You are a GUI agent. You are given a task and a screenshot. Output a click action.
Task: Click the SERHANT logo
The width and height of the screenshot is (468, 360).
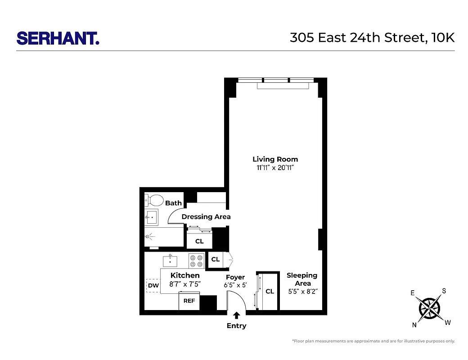[58, 38]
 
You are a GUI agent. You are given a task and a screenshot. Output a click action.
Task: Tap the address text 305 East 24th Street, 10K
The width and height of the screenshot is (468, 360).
[372, 38]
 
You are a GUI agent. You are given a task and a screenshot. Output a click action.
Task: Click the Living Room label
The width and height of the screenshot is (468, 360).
[275, 159]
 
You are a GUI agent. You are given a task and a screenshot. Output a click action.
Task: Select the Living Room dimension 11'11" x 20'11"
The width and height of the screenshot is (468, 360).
[275, 168]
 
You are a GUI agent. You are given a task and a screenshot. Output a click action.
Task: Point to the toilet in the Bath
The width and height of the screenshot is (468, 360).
[155, 200]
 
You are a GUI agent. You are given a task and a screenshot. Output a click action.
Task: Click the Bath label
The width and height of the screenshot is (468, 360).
[173, 203]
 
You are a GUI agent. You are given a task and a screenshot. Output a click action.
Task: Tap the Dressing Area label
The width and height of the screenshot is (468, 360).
[206, 217]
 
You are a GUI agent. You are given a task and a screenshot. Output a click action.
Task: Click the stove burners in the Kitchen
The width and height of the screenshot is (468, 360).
[196, 261]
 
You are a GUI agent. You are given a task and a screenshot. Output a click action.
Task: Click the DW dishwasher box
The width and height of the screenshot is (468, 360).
[153, 285]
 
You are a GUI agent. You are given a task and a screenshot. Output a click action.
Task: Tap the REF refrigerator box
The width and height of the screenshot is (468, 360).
[189, 301]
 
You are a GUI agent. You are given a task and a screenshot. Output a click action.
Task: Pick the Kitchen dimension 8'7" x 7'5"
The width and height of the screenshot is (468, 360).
[185, 284]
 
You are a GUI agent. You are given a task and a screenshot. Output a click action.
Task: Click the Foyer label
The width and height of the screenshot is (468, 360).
[235, 277]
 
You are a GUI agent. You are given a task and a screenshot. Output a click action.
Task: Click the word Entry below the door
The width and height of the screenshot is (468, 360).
[236, 326]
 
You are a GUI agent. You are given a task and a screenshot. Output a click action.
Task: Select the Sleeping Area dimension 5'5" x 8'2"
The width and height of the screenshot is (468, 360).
[303, 292]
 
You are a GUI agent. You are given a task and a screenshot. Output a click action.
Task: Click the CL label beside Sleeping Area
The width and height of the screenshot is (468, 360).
[270, 292]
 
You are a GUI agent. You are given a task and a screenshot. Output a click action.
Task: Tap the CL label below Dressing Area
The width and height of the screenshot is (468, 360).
[199, 241]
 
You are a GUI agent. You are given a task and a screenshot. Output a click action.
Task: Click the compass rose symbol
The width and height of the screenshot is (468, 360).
[429, 308]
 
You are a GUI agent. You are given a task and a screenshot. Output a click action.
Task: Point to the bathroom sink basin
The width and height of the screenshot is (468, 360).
[152, 217]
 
